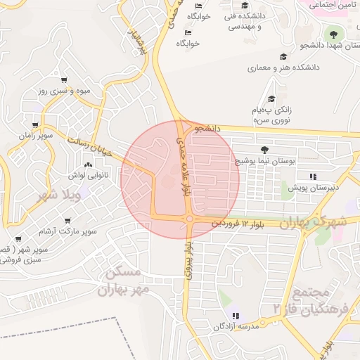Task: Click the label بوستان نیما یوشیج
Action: click(264, 161)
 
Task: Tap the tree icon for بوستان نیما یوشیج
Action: click(264, 150)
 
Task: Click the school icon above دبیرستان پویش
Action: click(312, 176)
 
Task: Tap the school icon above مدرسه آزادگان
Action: click(236, 316)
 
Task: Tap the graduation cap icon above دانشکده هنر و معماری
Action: click(283, 57)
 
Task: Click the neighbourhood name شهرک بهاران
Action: click(313, 222)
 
